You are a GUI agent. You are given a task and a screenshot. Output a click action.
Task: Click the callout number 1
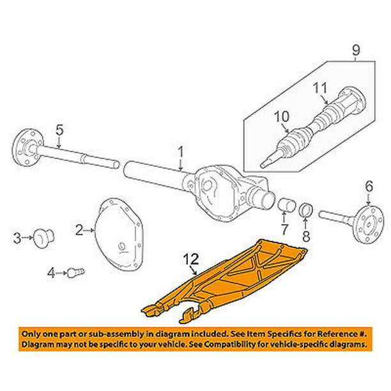coord(181,152)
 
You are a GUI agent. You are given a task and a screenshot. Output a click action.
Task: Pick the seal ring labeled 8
coord(305,208)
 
